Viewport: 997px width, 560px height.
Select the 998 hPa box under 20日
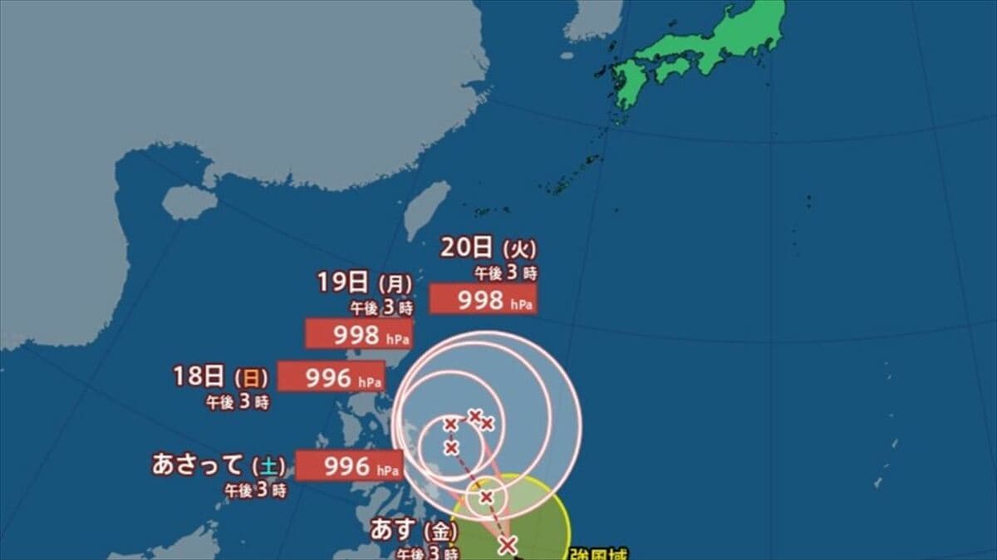483,300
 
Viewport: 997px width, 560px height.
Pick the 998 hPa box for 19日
359,335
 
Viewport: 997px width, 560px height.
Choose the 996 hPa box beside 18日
331,377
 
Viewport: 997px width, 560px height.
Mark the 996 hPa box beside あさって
349,466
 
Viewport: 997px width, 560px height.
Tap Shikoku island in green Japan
674,68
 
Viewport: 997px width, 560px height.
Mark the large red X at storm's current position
508,545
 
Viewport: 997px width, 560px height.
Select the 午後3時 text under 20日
507,273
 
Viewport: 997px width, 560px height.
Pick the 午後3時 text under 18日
238,402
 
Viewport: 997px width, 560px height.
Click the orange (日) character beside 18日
251,379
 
